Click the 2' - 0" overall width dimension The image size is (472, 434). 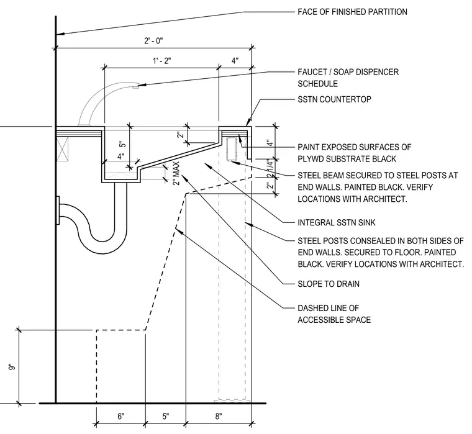click(x=153, y=40)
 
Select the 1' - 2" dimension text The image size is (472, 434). click(x=162, y=61)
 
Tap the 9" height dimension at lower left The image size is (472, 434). click(x=12, y=368)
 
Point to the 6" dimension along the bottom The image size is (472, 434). click(x=120, y=416)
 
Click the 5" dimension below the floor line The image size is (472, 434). click(x=166, y=416)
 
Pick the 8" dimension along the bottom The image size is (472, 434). click(x=219, y=416)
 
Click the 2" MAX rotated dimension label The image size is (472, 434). click(x=176, y=174)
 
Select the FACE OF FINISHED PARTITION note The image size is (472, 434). click(x=352, y=12)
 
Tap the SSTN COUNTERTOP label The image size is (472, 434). click(x=334, y=99)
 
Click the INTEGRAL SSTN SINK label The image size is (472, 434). click(x=337, y=223)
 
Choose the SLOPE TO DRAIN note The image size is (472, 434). click(x=329, y=284)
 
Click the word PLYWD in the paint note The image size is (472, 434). click(x=311, y=158)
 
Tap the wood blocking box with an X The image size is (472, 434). click(x=63, y=149)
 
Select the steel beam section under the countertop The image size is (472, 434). click(x=232, y=149)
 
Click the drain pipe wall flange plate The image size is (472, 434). click(x=58, y=210)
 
